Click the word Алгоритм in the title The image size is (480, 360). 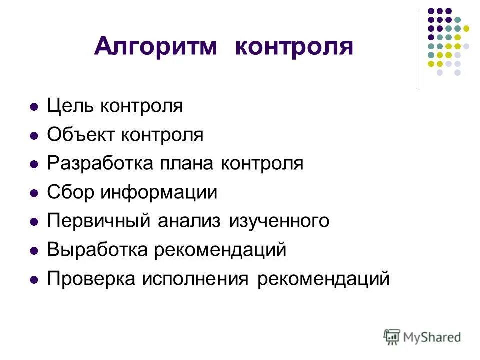pyautogui.click(x=156, y=47)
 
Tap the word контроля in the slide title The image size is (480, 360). pyautogui.click(x=294, y=47)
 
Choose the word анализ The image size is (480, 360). pyautogui.click(x=192, y=221)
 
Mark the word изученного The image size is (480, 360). pyautogui.click(x=279, y=221)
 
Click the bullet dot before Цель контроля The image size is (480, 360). pyautogui.click(x=34, y=107)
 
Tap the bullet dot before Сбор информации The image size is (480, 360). pyautogui.click(x=34, y=193)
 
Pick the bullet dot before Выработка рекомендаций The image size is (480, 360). pyautogui.click(x=34, y=250)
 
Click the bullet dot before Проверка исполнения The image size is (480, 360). pyautogui.click(x=34, y=279)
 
